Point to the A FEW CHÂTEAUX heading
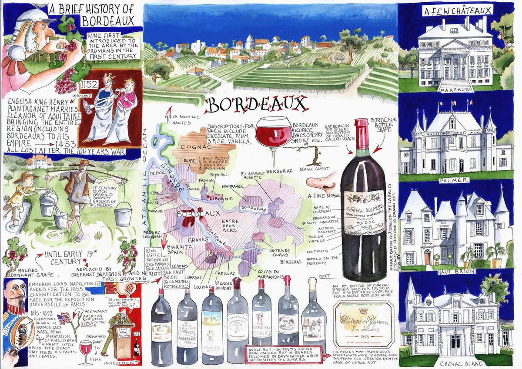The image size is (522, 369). [457, 10]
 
